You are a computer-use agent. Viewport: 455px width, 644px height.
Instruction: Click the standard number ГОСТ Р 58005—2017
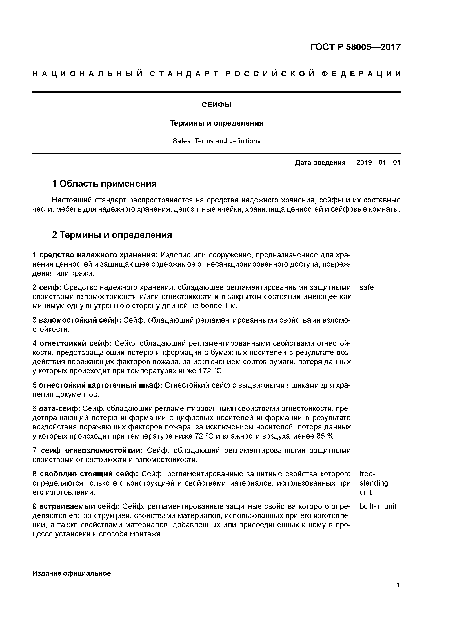coord(356,47)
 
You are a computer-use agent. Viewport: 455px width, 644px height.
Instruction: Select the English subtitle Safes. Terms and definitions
coord(216,141)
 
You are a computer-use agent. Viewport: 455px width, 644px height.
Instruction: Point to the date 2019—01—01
coord(378,163)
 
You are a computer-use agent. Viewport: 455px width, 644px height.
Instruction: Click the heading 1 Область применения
coord(104,184)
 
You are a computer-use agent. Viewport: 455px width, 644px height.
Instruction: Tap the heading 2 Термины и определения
coord(112,235)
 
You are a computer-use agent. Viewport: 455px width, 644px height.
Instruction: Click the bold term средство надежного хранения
coord(98,255)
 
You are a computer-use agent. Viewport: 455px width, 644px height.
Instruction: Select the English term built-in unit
coord(378,506)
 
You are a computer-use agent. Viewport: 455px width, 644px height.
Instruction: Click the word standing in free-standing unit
coord(374,483)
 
